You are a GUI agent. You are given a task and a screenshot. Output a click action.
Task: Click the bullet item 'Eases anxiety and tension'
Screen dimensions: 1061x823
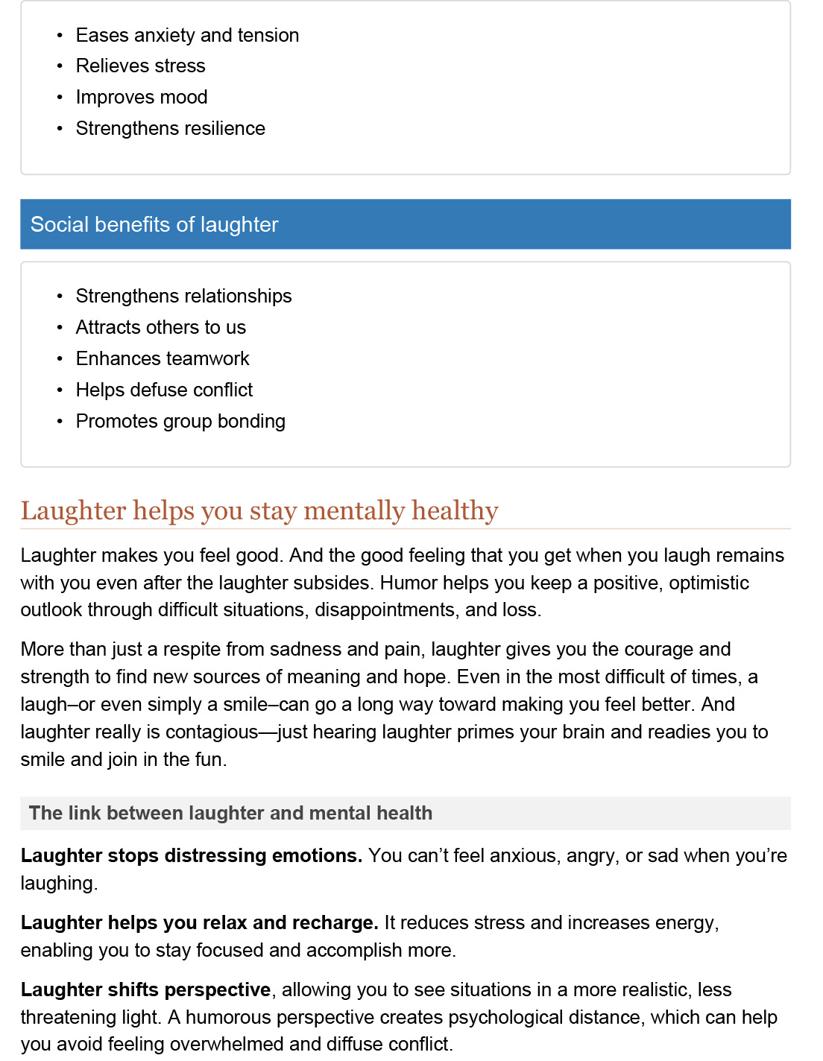pos(187,35)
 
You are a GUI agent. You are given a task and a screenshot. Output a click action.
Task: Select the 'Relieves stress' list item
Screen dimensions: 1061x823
pos(140,66)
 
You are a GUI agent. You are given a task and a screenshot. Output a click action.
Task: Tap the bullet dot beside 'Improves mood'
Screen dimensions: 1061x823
pos(60,98)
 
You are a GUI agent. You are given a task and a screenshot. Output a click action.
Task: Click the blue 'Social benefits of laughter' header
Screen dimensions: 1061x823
pos(405,224)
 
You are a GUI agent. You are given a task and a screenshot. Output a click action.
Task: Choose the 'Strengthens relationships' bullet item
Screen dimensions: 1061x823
pos(183,296)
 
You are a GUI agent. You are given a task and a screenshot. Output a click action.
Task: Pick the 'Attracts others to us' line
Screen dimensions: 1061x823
pos(160,327)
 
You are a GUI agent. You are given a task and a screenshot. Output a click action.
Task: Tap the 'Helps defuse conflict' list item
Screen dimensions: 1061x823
pos(164,390)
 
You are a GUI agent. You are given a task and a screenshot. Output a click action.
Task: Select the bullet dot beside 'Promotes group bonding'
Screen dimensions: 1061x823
pos(60,422)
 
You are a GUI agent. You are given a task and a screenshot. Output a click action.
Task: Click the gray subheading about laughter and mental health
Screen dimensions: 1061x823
pos(230,813)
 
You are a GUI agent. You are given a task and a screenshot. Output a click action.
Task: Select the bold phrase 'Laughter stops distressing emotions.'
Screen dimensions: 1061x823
pos(192,855)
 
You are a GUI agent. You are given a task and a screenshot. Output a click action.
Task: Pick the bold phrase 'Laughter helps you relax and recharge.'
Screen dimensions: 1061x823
pos(199,922)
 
